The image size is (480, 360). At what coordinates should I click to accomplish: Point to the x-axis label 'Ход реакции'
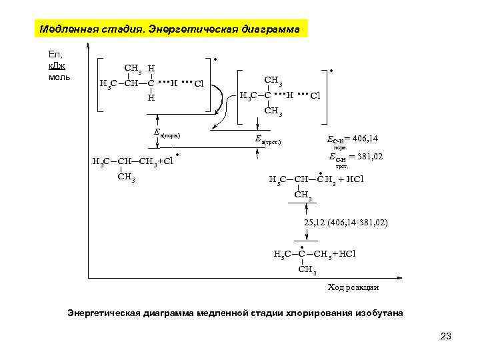click(x=353, y=287)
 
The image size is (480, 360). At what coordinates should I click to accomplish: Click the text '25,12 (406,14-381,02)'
click(x=346, y=221)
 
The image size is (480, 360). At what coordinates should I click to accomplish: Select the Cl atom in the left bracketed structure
click(x=198, y=84)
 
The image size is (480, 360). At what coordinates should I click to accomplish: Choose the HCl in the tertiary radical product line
click(x=345, y=254)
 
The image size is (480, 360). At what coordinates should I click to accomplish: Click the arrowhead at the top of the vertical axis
click(x=89, y=46)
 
